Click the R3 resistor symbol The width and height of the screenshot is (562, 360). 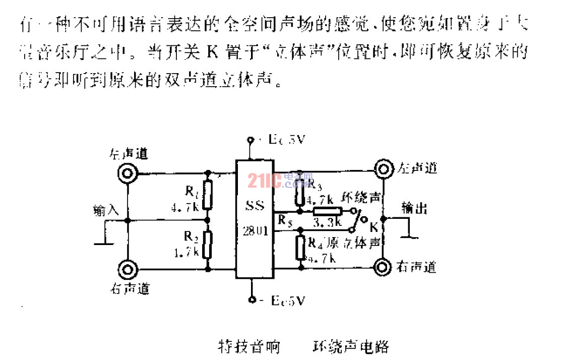click(300, 190)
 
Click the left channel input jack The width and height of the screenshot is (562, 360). click(127, 174)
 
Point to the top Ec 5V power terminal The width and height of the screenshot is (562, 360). click(249, 140)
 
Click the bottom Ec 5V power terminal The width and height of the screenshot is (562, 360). click(251, 300)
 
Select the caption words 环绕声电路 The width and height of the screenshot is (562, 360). click(351, 347)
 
